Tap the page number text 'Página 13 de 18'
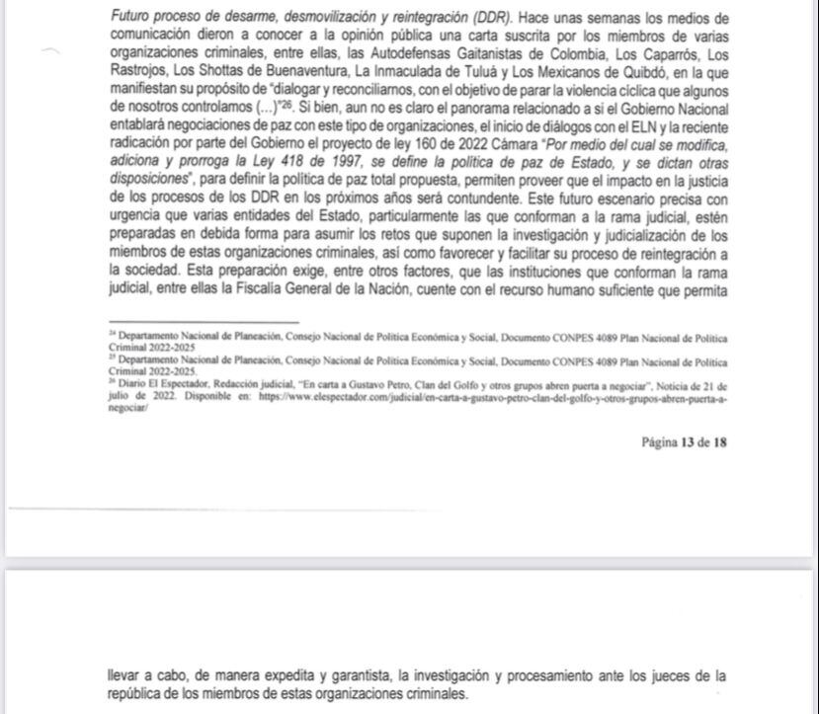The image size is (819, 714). (x=684, y=442)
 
